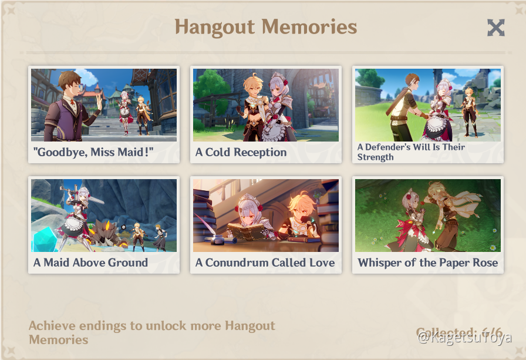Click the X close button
pos(495,28)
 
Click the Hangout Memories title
pos(265,27)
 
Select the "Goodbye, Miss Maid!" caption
pos(93,153)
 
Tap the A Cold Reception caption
pos(241,153)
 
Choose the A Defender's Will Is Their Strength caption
pos(411,152)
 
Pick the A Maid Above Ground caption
pos(90,263)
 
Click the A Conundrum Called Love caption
pos(265,263)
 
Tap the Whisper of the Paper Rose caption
pos(427,263)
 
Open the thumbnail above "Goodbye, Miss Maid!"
pos(104,105)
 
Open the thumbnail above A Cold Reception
pos(266,105)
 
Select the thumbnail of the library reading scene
pos(266,216)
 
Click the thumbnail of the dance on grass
pos(428,216)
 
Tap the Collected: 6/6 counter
pos(458,332)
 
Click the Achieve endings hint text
pos(151,332)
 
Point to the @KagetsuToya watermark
pos(464,338)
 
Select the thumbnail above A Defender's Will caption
pos(428,105)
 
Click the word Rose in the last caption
pos(484,263)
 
